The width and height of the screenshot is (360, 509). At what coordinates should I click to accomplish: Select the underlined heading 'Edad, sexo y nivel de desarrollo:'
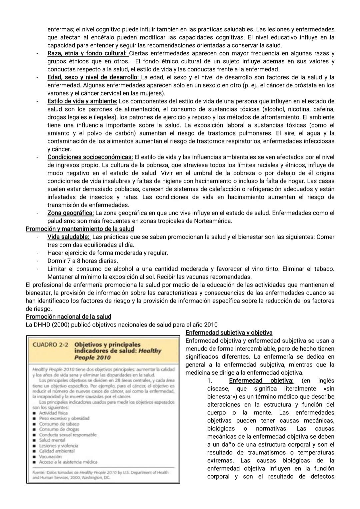tap(93, 77)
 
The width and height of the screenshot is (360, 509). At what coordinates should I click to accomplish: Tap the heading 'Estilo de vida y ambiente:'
tap(82, 101)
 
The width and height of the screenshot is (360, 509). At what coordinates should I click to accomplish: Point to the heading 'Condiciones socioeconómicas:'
tap(90, 157)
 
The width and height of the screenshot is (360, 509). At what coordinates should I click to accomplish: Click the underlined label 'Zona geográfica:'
tap(70, 213)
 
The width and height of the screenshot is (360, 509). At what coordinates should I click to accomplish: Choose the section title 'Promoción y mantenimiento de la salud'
tap(80, 229)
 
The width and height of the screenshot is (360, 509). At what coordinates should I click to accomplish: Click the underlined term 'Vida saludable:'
tap(68, 237)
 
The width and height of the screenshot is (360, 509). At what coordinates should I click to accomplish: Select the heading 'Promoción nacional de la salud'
tap(68, 317)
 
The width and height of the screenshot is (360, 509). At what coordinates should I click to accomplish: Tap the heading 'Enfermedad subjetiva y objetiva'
tap(229, 333)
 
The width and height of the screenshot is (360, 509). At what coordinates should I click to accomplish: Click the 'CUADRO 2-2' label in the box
tap(50, 345)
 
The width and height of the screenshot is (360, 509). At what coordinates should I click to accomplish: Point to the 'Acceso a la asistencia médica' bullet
tap(68, 462)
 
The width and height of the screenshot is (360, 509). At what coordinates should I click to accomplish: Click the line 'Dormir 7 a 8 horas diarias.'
tap(83, 261)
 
